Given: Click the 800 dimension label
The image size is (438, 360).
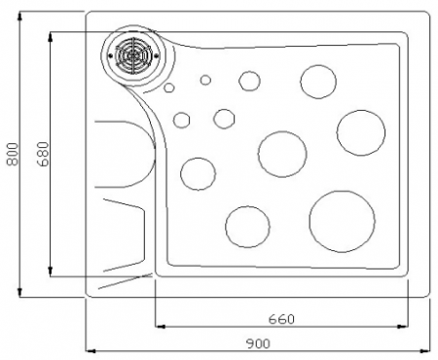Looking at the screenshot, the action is click(13, 154).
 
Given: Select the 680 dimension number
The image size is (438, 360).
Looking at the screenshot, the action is click(43, 154).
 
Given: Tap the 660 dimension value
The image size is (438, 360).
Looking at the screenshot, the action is click(281, 319).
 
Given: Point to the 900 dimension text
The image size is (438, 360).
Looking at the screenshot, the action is click(258, 343).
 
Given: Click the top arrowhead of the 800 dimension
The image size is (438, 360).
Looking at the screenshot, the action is click(20, 16).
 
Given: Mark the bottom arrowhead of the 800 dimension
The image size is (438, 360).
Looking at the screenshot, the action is click(20, 292).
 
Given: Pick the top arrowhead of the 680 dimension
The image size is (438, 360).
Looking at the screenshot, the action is click(51, 37).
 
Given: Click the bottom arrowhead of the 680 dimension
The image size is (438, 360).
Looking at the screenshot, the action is click(51, 271).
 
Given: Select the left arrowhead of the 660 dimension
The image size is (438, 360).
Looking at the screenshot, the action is click(160, 326).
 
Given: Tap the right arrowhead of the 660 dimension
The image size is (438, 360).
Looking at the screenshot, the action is click(403, 326).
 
